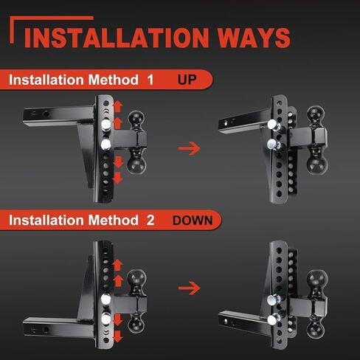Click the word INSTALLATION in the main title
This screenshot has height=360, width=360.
tap(117, 38)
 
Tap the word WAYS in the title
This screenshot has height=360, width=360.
tap(254, 38)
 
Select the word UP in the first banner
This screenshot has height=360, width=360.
tap(187, 80)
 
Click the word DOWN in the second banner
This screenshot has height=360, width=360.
tap(193, 221)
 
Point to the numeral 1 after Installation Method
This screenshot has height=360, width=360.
tap(150, 80)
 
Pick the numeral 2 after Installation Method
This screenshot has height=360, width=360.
tap(150, 220)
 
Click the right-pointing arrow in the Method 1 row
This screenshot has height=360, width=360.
tap(189, 148)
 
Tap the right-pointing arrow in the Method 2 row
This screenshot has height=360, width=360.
tap(189, 288)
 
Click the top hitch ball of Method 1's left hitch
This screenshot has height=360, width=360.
tap(136, 119)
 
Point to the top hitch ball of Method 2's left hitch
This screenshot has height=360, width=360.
tap(136, 278)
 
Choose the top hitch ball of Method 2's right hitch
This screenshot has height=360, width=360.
tap(317, 279)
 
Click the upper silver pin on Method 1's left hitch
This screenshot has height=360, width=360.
tap(106, 125)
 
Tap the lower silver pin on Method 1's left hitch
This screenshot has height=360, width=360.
tap(106, 145)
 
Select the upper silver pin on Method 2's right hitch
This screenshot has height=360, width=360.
tap(274, 300)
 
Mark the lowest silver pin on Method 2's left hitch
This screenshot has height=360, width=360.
tap(106, 319)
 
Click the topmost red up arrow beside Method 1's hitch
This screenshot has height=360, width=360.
tap(118, 106)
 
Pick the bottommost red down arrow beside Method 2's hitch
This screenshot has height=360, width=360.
tap(118, 336)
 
